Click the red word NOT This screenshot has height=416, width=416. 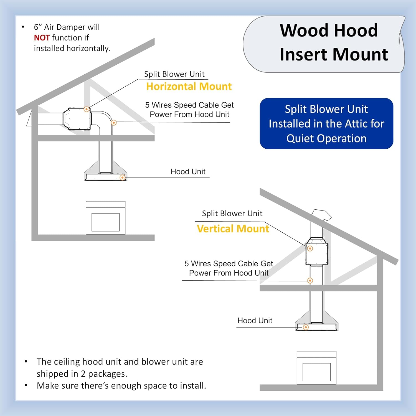point(42,38)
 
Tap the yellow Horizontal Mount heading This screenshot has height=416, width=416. point(189,87)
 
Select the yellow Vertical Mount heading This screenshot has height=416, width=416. point(233,229)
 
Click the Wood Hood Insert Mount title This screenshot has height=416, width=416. point(329,42)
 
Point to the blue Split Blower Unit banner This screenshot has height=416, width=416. point(326,124)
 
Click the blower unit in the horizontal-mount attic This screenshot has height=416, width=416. point(77,119)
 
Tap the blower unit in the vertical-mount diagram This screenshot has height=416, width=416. point(317,252)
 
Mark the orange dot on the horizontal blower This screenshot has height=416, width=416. point(87,109)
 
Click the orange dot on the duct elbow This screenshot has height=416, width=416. point(114,122)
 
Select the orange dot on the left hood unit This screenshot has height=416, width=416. point(122,177)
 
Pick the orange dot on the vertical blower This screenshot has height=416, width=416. point(310,248)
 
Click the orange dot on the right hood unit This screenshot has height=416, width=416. point(306,327)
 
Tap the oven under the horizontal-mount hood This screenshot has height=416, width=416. point(105,218)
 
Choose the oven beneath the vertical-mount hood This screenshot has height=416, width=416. point(316,368)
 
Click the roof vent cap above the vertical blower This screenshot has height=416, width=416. point(322,215)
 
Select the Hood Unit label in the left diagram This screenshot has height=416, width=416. point(188,172)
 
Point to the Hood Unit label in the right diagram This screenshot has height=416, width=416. point(255,321)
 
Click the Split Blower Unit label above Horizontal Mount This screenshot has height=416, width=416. point(174,74)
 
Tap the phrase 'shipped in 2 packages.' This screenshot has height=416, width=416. point(82,374)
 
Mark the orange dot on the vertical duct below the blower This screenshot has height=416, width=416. point(310,281)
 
